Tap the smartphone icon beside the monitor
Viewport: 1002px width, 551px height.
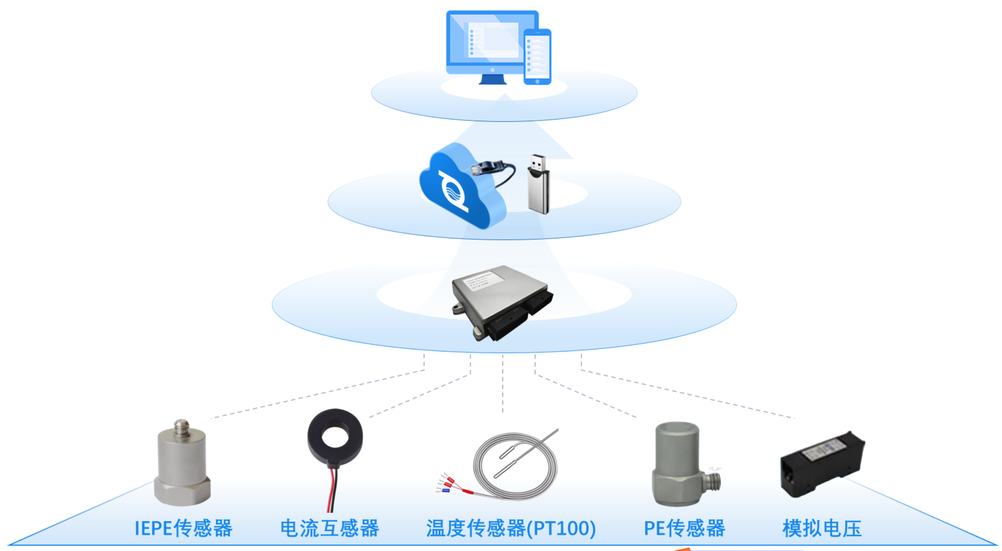click(x=537, y=57)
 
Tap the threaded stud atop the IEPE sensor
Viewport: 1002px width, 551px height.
click(x=181, y=425)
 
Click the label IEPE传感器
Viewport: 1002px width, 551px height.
click(x=183, y=528)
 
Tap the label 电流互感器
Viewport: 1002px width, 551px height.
click(x=330, y=528)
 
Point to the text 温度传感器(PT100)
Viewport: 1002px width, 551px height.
click(x=511, y=528)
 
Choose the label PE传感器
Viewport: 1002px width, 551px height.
click(x=684, y=528)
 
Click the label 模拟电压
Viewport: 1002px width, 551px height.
click(x=822, y=528)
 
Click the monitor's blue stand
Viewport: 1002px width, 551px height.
click(x=492, y=79)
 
